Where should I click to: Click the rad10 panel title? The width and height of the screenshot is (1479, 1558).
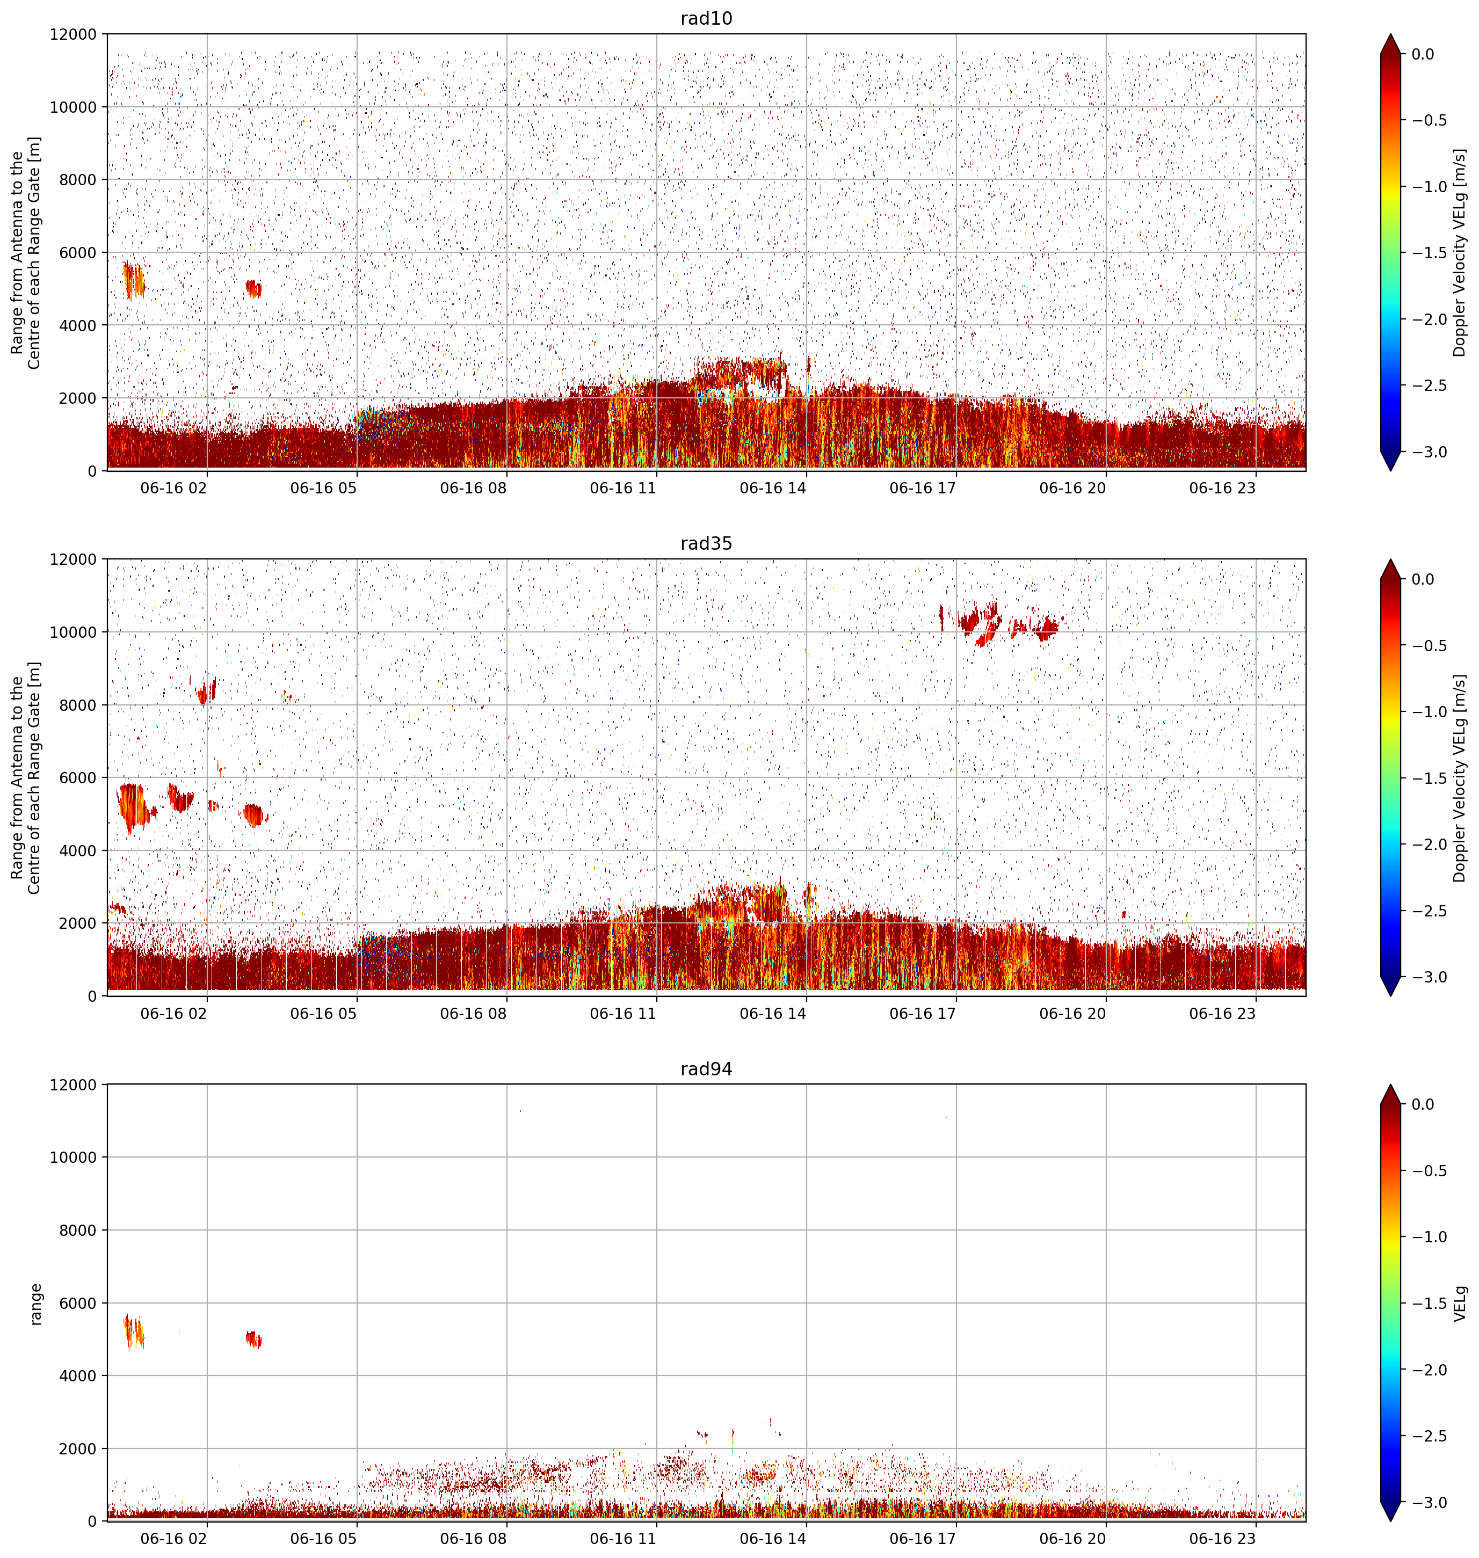click(x=706, y=18)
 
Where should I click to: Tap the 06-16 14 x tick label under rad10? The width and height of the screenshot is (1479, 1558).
click(x=773, y=488)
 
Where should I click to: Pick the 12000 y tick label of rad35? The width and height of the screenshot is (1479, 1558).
click(x=74, y=559)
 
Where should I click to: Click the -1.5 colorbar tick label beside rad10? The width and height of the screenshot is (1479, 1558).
click(x=1428, y=253)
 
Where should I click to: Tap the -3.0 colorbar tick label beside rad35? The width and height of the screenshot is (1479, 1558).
click(x=1428, y=977)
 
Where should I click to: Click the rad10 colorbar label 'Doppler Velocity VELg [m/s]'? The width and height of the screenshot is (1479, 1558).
click(x=1459, y=253)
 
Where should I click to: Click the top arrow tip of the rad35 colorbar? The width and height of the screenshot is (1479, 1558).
click(x=1391, y=559)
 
